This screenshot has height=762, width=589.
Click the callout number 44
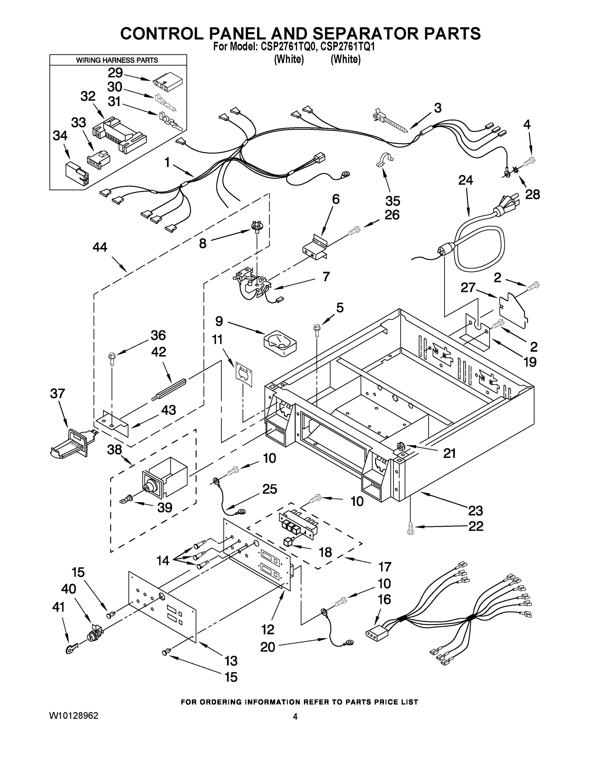[x=100, y=248]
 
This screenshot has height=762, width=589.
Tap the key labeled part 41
[x=71, y=649]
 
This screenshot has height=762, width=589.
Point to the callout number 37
[x=57, y=394]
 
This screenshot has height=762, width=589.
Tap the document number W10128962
[x=74, y=716]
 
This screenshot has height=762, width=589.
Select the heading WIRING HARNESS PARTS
[x=117, y=60]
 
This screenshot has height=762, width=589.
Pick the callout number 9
[x=219, y=321]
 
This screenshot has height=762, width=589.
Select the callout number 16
[x=384, y=599]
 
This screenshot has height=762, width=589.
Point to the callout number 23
[x=475, y=511]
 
